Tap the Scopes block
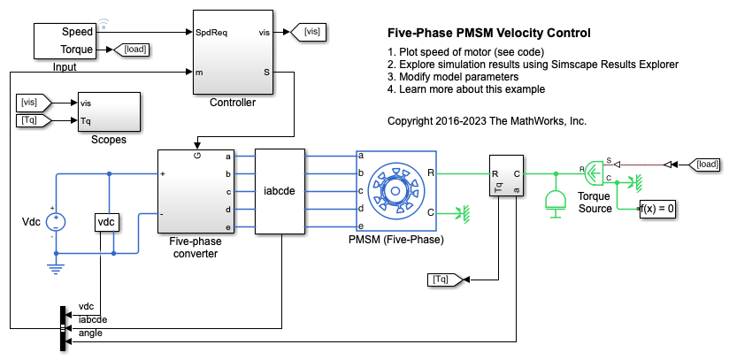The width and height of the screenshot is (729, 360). point(108,112)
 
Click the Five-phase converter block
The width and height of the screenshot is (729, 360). point(194,190)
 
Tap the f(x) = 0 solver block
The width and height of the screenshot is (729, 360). point(658,209)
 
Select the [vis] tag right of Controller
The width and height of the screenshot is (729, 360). point(311,32)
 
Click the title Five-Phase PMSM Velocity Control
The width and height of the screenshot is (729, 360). point(489,34)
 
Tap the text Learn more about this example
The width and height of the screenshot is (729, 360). point(466,89)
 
